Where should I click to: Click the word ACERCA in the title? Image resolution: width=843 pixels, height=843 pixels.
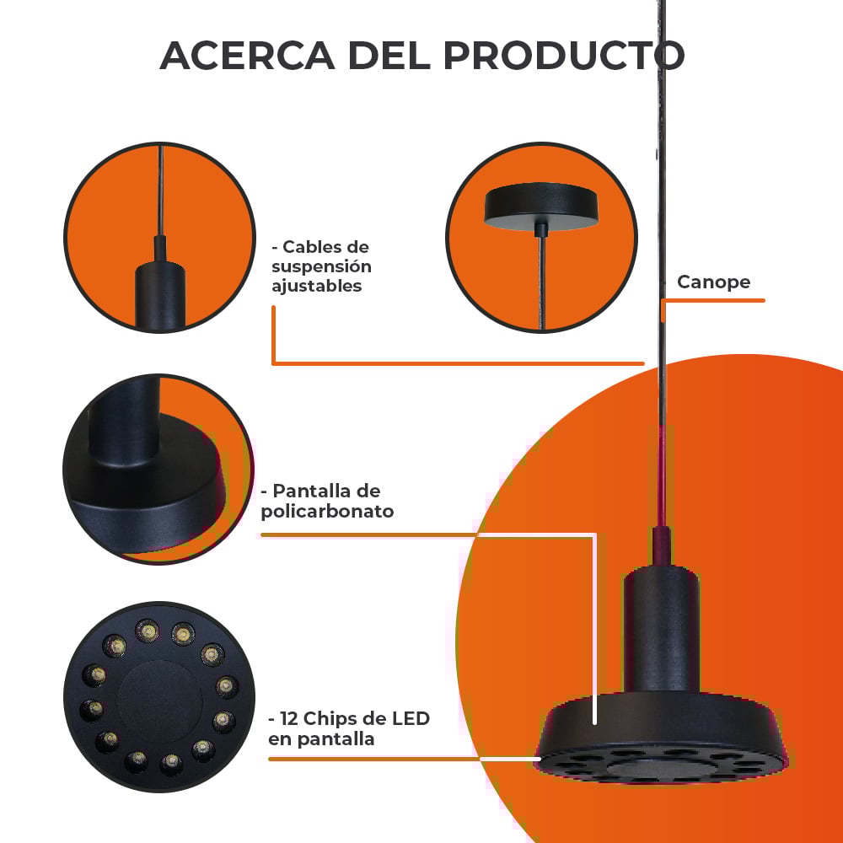247,56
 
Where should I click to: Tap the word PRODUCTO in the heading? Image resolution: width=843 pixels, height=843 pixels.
564,56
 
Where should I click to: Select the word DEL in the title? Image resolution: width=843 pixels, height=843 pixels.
389,56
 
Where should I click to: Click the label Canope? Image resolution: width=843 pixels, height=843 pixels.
713,282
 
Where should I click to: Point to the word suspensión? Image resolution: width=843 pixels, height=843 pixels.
321,266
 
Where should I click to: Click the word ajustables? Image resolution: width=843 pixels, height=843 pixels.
316,286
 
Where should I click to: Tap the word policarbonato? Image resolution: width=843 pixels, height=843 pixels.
327,511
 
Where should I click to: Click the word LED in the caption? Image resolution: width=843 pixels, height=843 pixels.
411,718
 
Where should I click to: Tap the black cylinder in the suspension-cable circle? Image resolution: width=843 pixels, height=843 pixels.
159,294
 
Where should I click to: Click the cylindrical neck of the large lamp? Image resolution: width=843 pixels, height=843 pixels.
661,629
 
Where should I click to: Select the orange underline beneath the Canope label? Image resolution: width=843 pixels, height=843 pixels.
713,301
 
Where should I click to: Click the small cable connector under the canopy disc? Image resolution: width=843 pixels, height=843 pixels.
541,229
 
